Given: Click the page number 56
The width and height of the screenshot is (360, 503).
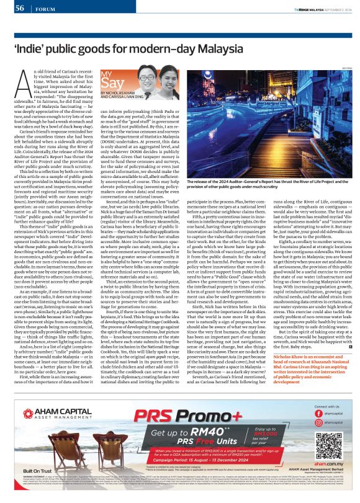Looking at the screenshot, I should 19,7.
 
